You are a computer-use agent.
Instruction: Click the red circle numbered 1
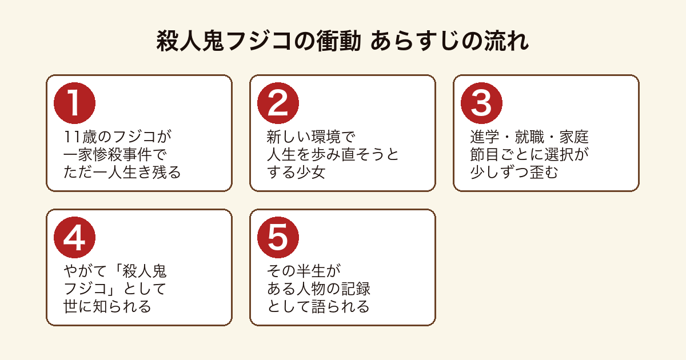click(74, 103)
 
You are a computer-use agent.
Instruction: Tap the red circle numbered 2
click(278, 103)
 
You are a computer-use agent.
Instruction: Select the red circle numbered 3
click(481, 103)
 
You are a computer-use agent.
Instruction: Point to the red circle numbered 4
click(74, 237)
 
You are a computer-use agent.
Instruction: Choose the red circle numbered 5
click(278, 237)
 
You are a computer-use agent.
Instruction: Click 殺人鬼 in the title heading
click(190, 41)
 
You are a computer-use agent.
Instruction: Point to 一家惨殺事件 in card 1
click(107, 154)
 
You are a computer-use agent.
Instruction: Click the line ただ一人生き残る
click(122, 172)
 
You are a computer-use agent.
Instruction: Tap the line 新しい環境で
click(311, 137)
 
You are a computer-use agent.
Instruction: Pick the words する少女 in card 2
click(296, 172)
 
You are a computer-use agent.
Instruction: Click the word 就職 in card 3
click(529, 137)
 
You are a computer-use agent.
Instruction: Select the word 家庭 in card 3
click(574, 137)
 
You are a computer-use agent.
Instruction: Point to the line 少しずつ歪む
click(514, 172)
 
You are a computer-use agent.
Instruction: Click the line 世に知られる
click(107, 306)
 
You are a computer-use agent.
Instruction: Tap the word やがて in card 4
click(85, 271)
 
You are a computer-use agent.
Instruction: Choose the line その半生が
click(304, 271)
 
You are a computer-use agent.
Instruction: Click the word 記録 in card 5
click(356, 289)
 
